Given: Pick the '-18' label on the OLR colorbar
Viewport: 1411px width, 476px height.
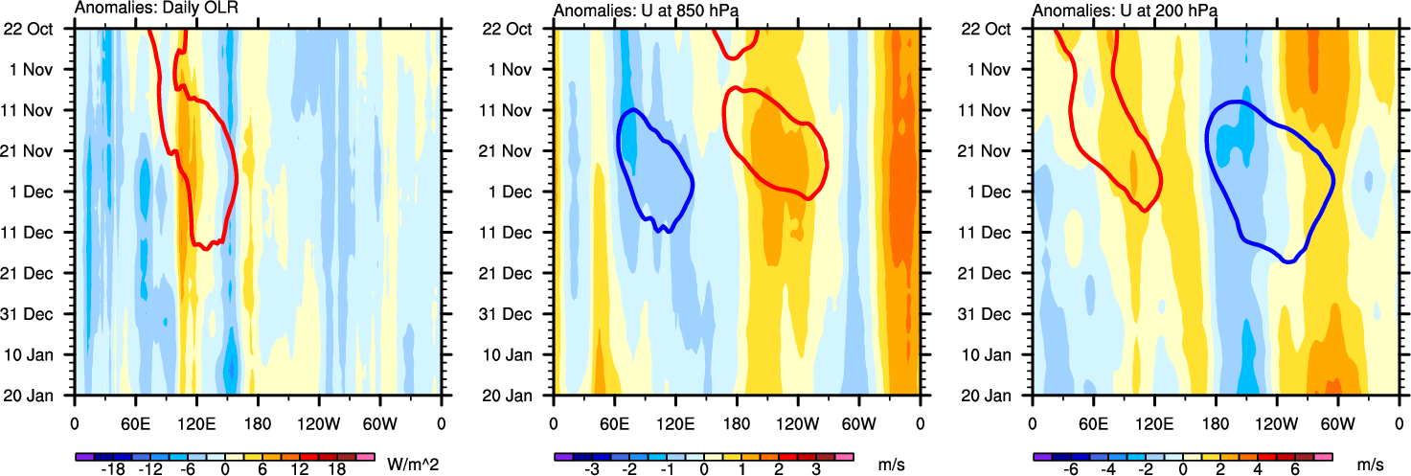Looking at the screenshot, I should pyautogui.click(x=113, y=469).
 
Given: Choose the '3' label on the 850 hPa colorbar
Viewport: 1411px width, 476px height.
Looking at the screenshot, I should pyautogui.click(x=815, y=469).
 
